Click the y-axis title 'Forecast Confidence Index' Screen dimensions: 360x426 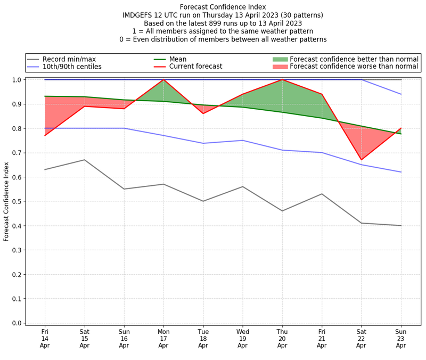click(x=6, y=201)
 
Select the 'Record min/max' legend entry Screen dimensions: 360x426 click(x=69, y=59)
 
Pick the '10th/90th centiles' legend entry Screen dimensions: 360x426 click(x=72, y=67)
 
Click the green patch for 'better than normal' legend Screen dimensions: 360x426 click(x=280, y=59)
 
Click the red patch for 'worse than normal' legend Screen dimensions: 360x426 click(x=280, y=67)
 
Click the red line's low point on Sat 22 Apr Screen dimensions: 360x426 click(x=361, y=160)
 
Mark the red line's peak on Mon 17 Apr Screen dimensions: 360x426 click(x=163, y=80)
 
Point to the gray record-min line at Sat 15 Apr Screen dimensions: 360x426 click(x=85, y=160)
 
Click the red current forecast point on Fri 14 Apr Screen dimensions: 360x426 click(x=45, y=135)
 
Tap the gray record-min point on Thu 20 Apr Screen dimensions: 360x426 click(x=282, y=211)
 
